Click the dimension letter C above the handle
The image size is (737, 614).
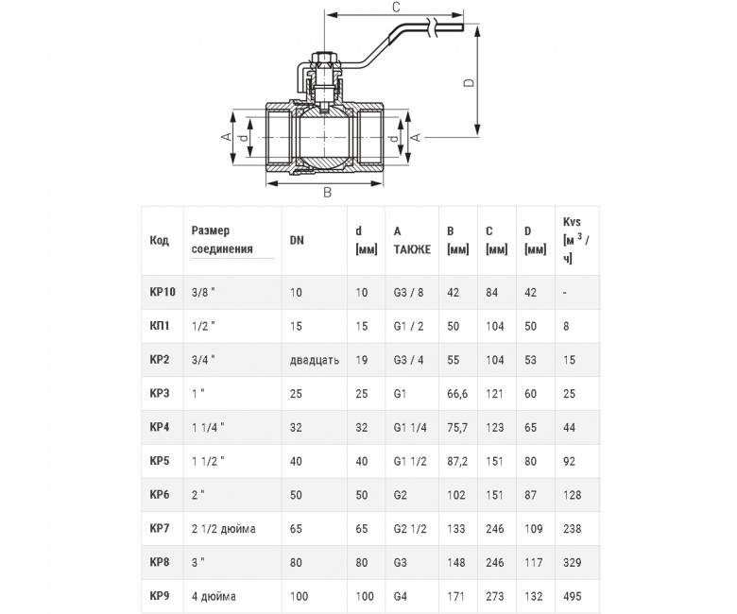tap(396, 7)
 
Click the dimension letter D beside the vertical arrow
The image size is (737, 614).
tap(469, 83)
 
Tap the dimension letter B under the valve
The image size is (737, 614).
tap(327, 192)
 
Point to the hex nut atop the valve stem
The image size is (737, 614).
tap(324, 60)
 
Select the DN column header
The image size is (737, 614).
tap(297, 240)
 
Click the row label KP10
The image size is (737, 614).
tap(163, 292)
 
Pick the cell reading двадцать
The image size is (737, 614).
tap(315, 360)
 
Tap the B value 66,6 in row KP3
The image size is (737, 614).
tap(457, 394)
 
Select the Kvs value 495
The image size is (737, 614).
tap(572, 596)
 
